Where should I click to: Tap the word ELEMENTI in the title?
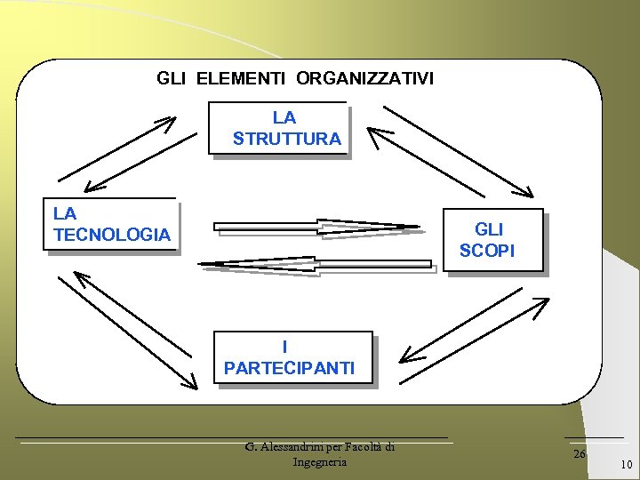pyautogui.click(x=240, y=78)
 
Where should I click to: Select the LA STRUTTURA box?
pyautogui.click(x=278, y=128)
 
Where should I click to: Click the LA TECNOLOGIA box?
pyautogui.click(x=111, y=224)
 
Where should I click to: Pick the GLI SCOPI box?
pyautogui.click(x=492, y=240)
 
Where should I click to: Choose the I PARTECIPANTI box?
pyautogui.click(x=292, y=357)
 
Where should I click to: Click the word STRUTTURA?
pyautogui.click(x=286, y=139)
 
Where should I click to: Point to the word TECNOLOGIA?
pyautogui.click(x=111, y=235)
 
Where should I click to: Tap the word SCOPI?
pyautogui.click(x=486, y=252)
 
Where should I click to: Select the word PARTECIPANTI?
pyautogui.click(x=289, y=368)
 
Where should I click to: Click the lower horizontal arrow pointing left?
pyautogui.click(x=316, y=263)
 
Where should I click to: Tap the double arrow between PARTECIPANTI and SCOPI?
pyautogui.click(x=475, y=330)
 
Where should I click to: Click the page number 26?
pyautogui.click(x=580, y=454)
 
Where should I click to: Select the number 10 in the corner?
pyautogui.click(x=626, y=465)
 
